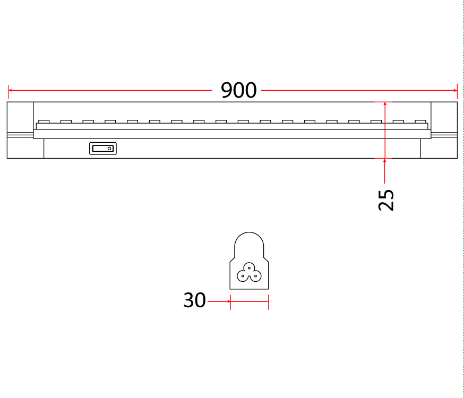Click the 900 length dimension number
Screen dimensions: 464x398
[238, 90]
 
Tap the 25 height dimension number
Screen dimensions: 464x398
[386, 200]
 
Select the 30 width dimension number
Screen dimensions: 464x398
[194, 300]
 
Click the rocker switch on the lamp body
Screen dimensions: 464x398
[103, 149]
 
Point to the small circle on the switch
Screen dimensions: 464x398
[109, 149]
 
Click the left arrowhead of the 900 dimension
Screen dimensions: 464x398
[11, 90]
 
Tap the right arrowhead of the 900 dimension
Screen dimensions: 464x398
[455, 90]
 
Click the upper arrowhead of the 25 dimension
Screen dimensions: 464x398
[385, 104]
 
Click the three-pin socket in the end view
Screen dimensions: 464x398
[249, 272]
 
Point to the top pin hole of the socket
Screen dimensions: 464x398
[249, 268]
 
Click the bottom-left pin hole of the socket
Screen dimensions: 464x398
[243, 276]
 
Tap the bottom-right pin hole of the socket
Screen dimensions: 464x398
[256, 276]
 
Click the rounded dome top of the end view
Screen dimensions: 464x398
[249, 233]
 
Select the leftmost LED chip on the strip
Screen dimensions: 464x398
[44, 122]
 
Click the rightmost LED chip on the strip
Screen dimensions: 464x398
[420, 122]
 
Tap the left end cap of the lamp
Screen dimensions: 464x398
[20, 130]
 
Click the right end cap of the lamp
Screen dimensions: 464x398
[444, 130]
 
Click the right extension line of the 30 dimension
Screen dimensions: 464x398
[269, 302]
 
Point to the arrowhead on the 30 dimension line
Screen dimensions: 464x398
[228, 301]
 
